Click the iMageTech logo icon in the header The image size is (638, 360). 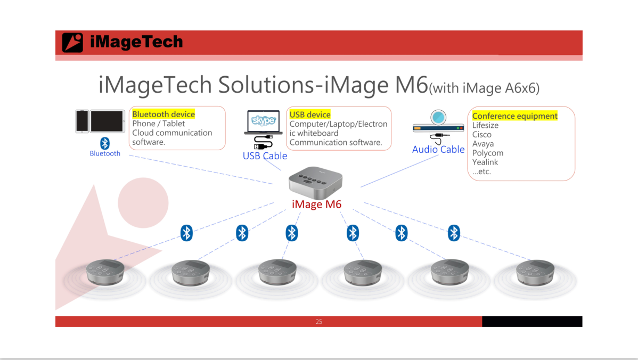point(72,42)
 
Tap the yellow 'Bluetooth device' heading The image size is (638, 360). point(163,114)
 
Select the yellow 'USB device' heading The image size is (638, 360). point(310,114)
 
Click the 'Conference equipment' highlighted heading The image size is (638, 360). point(514,116)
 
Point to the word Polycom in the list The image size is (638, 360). point(488,153)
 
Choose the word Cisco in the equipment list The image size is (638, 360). point(482,134)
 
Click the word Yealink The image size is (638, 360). point(485,162)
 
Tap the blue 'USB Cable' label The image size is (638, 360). point(265,156)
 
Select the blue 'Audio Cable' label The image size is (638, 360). point(438,149)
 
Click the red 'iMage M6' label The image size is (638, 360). point(316,204)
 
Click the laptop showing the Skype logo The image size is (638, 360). point(263,122)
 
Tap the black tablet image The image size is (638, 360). point(108,121)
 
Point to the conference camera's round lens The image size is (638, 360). point(438,118)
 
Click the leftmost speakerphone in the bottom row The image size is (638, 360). point(105,272)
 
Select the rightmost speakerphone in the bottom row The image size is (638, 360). point(535,272)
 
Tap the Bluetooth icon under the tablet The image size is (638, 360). point(105,143)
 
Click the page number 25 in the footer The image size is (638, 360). point(318,322)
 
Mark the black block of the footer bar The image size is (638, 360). point(532,321)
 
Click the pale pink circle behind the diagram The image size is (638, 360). point(143,202)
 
